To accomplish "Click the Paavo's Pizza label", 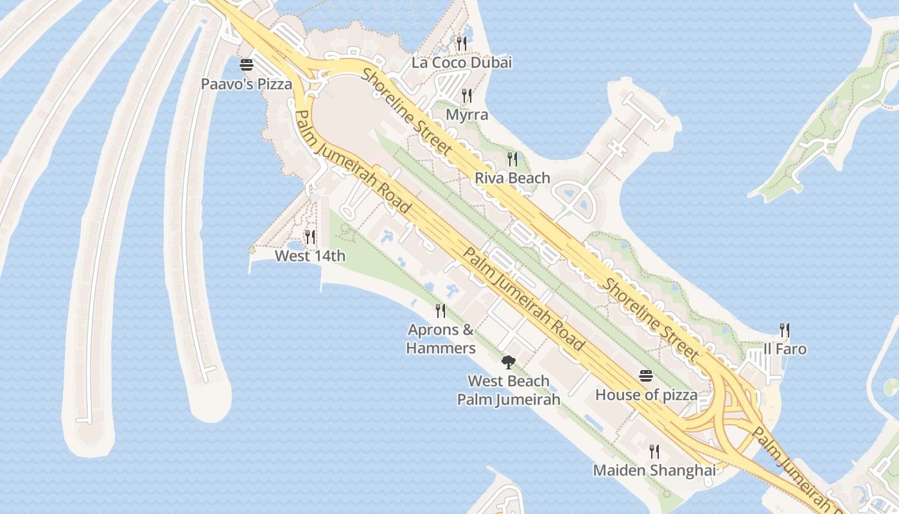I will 247,84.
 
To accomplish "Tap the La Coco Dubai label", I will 462,62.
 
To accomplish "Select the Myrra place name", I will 467,115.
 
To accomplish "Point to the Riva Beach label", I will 512,178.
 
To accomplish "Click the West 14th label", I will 310,256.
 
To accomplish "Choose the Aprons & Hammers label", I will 441,339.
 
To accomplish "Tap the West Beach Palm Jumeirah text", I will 509,390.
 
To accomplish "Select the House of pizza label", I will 646,394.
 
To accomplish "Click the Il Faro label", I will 785,349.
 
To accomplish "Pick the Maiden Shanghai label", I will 654,470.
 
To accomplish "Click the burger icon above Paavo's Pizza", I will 247,65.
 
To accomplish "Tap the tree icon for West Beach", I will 509,362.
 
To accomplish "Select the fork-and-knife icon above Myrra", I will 467,96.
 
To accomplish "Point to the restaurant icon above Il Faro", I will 785,330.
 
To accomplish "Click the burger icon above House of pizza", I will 646,376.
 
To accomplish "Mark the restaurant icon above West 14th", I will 310,237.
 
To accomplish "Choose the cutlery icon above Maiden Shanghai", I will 654,451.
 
